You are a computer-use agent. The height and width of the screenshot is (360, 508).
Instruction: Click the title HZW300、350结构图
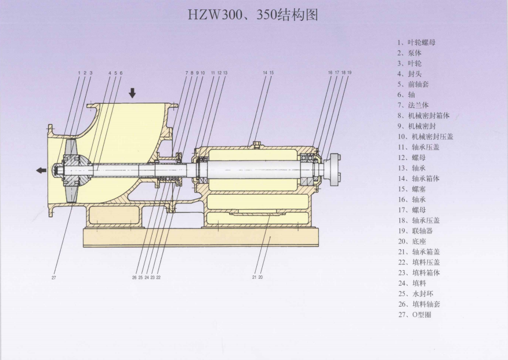253,14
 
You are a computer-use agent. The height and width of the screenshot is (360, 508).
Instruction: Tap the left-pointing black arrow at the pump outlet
41,170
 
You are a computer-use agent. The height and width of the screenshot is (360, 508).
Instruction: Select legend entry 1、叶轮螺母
416,42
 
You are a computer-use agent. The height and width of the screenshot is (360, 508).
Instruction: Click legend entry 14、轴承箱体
418,178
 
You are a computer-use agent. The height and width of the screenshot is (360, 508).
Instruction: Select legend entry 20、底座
411,241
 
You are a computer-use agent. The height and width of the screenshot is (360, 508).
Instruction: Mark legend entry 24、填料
411,282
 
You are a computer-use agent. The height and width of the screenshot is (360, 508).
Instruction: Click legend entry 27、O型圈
414,314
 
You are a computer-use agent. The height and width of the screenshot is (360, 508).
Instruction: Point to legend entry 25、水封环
415,293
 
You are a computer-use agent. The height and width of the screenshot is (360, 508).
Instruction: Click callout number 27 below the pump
53,278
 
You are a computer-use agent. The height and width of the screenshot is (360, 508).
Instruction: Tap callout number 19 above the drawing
350,72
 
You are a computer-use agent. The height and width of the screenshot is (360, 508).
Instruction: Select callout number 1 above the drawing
79,72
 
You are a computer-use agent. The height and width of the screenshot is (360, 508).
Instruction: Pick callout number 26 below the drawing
134,278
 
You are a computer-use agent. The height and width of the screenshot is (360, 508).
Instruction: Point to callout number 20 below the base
261,278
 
